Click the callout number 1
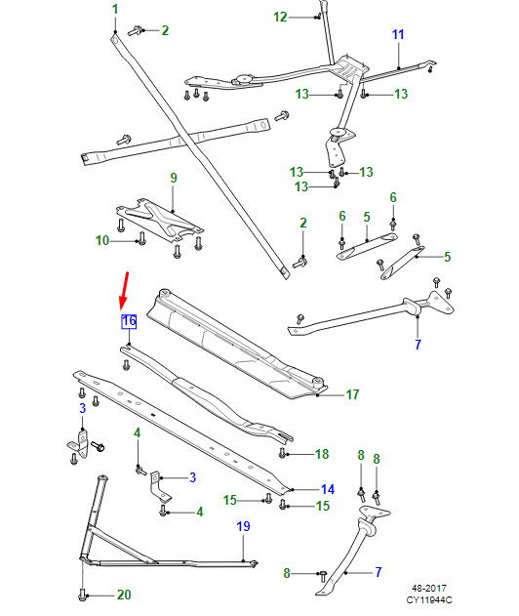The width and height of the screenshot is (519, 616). coord(115,10)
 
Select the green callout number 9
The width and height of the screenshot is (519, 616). coord(174,178)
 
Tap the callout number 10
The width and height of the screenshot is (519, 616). coord(102,240)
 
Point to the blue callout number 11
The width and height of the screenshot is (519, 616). coord(398,34)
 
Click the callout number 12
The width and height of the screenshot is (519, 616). coord(280,17)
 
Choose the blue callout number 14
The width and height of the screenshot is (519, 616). coord(328,489)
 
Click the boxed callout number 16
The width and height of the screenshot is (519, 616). coord(129,321)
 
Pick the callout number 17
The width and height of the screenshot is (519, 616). coord(352,394)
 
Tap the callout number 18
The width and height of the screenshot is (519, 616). coord(322,454)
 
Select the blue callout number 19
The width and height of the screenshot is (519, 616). coord(244,526)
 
